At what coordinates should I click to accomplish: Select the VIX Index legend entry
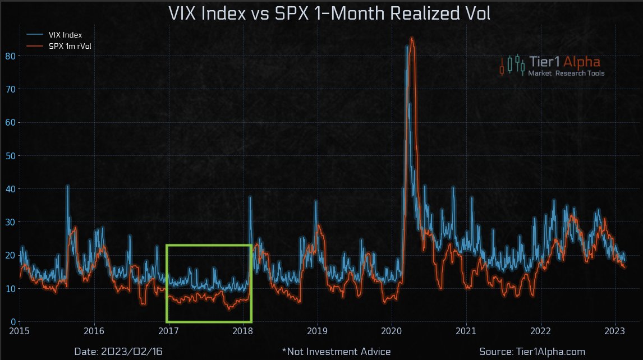pyautogui.click(x=65, y=35)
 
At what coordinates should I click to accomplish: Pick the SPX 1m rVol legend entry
pyautogui.click(x=70, y=46)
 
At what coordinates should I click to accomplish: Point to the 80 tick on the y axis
pyautogui.click(x=9, y=56)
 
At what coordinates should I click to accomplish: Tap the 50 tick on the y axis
pyautogui.click(x=9, y=155)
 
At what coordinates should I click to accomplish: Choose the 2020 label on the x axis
pyautogui.click(x=392, y=331)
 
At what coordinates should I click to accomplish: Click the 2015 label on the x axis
pyautogui.click(x=20, y=331)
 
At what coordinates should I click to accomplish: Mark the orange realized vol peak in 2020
pyautogui.click(x=412, y=39)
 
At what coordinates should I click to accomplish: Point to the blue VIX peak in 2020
pyautogui.click(x=407, y=47)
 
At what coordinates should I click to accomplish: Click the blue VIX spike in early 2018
pyautogui.click(x=250, y=197)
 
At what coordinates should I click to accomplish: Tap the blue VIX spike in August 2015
pyautogui.click(x=68, y=186)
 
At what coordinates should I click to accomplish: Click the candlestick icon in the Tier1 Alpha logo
pyautogui.click(x=512, y=64)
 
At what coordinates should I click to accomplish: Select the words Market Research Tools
pyautogui.click(x=566, y=73)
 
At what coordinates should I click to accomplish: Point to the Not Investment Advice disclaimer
pyautogui.click(x=336, y=352)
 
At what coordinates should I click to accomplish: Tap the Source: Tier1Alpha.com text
pyautogui.click(x=532, y=352)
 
